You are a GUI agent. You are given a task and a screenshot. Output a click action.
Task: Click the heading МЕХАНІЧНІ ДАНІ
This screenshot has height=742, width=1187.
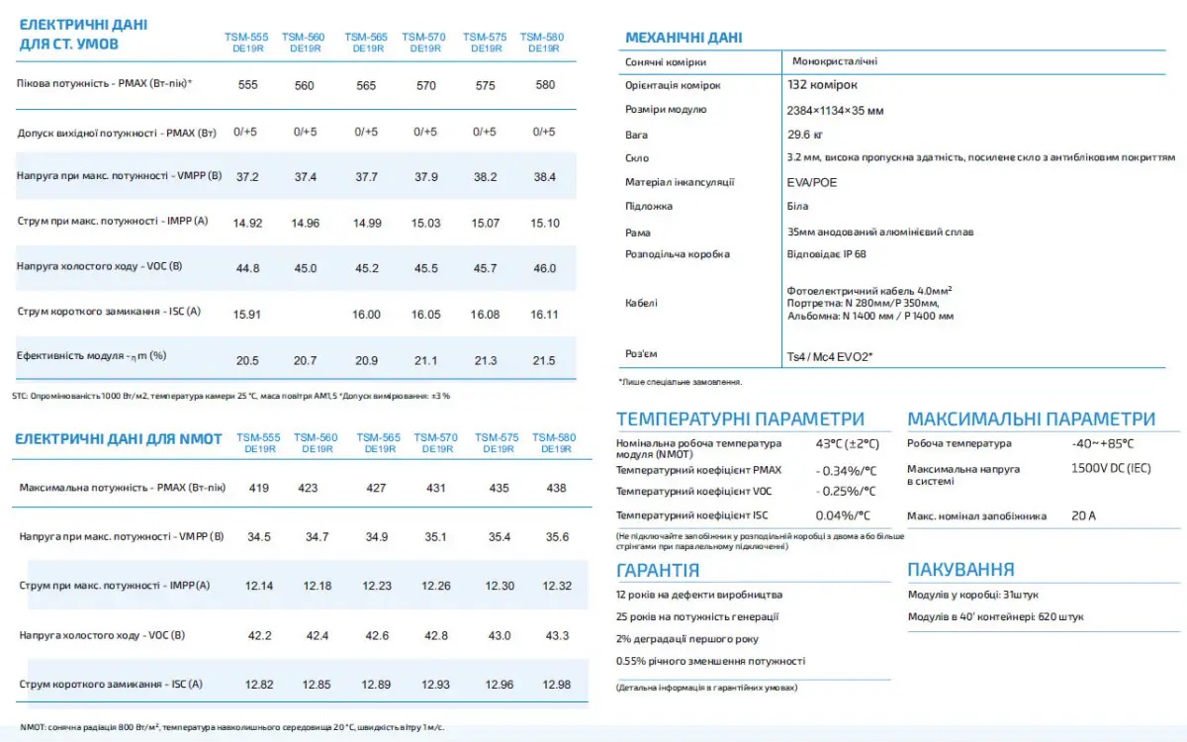pyautogui.click(x=684, y=38)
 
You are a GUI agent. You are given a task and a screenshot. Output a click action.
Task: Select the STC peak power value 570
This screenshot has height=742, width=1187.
pyautogui.click(x=426, y=85)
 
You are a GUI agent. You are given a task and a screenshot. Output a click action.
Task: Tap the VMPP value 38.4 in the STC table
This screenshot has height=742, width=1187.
pyautogui.click(x=544, y=177)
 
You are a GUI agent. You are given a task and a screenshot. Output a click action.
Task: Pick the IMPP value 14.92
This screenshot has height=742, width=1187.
pyautogui.click(x=247, y=224)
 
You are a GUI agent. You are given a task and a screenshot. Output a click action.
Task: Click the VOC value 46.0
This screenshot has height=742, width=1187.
pyautogui.click(x=544, y=269)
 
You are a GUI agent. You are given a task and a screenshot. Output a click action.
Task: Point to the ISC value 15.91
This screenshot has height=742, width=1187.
pyautogui.click(x=247, y=315)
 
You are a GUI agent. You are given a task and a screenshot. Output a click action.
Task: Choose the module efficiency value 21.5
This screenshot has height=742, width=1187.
pyautogui.click(x=544, y=361)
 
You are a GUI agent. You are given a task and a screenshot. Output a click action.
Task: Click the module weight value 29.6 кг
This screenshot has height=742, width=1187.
pyautogui.click(x=805, y=135)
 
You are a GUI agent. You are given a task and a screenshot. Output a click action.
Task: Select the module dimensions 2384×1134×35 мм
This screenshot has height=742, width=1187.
pyautogui.click(x=835, y=111)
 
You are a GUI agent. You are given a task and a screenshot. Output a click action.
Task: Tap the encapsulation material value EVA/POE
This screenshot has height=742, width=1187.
pyautogui.click(x=812, y=183)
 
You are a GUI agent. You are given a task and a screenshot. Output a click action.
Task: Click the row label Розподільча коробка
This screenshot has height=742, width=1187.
pyautogui.click(x=678, y=254)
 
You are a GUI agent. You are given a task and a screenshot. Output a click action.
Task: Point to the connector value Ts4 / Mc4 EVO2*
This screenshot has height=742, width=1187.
pyautogui.click(x=830, y=357)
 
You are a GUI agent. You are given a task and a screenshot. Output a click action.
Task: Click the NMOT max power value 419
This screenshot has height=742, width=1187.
pyautogui.click(x=258, y=488)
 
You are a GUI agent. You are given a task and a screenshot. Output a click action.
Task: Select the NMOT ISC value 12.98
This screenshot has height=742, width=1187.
pyautogui.click(x=556, y=685)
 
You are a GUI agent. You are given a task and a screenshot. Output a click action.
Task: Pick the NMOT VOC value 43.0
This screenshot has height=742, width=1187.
pyautogui.click(x=500, y=635)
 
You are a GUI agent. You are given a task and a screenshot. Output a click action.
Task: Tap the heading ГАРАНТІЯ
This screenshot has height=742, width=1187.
pyautogui.click(x=658, y=570)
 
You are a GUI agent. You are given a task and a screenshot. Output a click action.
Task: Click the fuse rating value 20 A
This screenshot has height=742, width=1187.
pyautogui.click(x=1083, y=515)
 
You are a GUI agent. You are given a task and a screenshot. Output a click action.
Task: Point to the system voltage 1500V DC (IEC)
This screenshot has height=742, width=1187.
pyautogui.click(x=1111, y=469)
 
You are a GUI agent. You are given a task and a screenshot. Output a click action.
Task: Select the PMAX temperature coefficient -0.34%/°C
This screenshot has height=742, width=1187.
pyautogui.click(x=847, y=471)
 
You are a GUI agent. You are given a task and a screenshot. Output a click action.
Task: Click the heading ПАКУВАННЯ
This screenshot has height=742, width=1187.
pyautogui.click(x=960, y=570)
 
